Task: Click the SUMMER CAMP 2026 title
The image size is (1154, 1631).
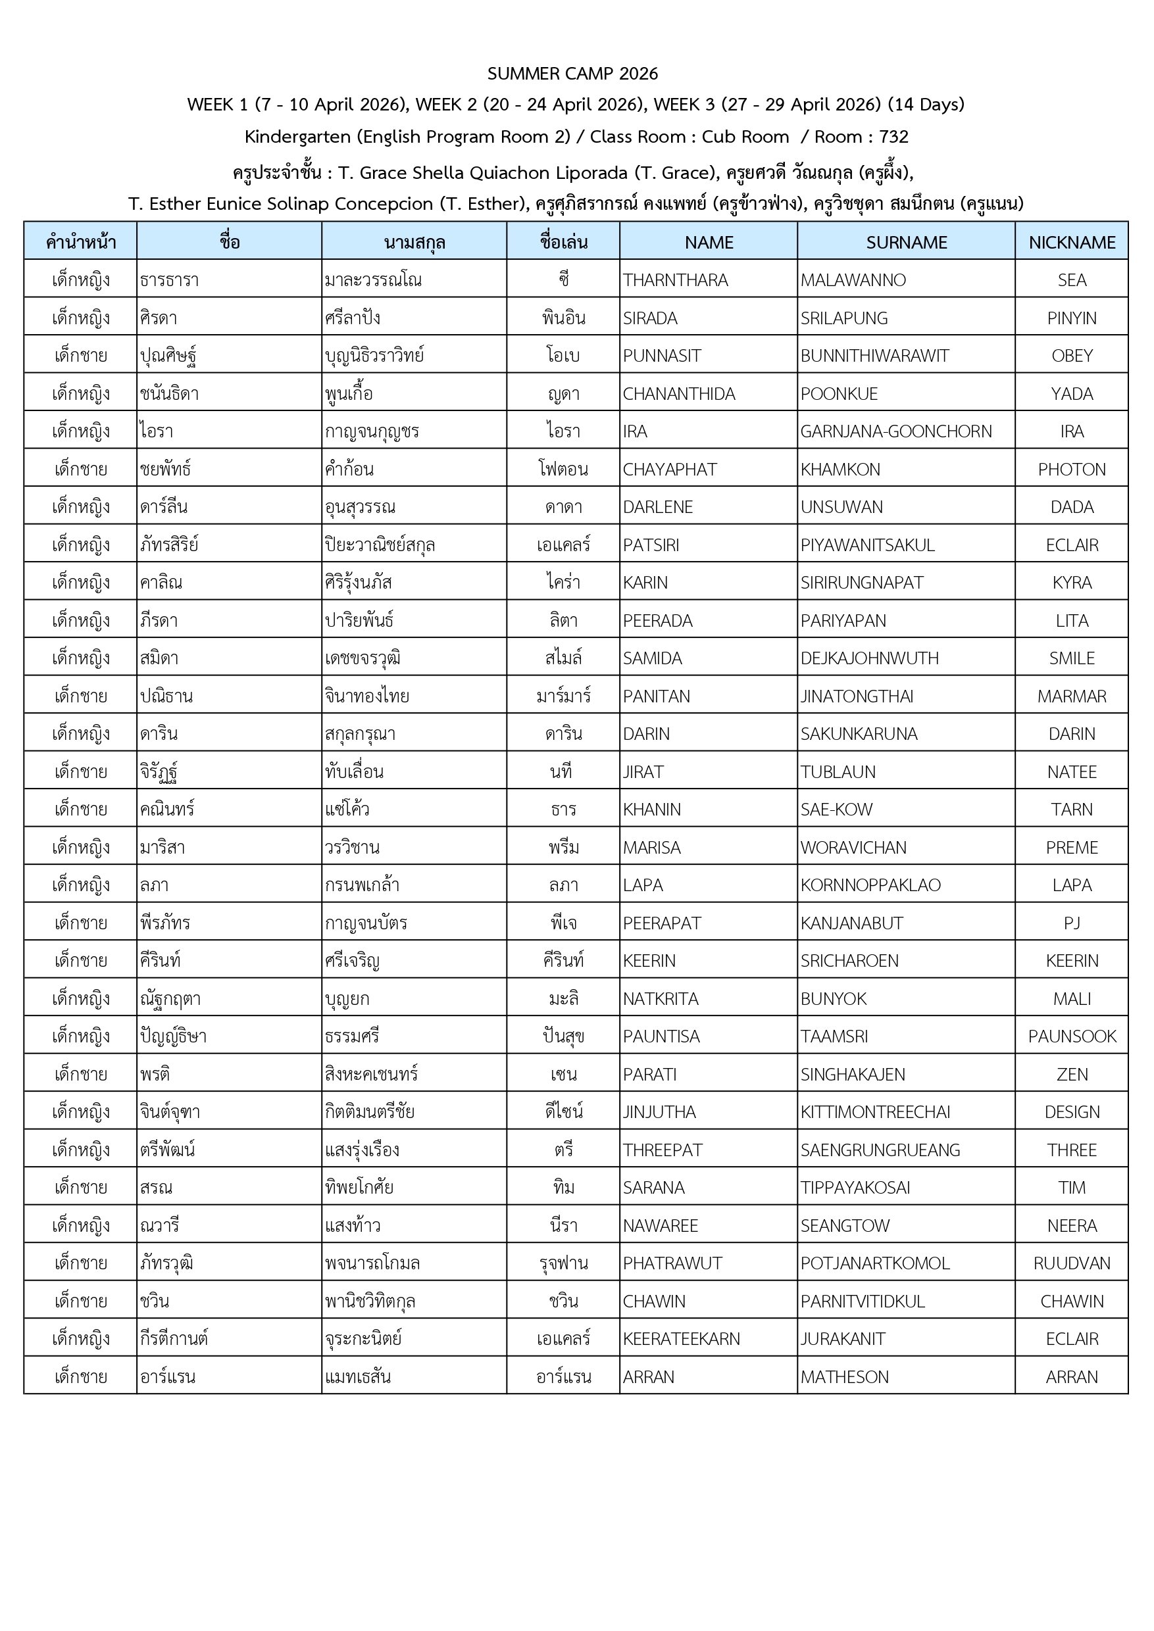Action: click(x=573, y=74)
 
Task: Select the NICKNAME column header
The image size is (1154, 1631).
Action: click(x=1072, y=243)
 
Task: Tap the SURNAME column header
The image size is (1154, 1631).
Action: click(x=906, y=243)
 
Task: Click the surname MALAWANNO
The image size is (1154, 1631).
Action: click(x=853, y=281)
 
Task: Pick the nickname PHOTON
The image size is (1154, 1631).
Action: click(x=1072, y=470)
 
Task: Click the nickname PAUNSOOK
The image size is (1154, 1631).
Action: click(x=1072, y=1036)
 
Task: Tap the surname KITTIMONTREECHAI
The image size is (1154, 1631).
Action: click(x=875, y=1112)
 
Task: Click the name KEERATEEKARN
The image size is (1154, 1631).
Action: click(x=681, y=1339)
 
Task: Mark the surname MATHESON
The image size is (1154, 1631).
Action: click(x=844, y=1376)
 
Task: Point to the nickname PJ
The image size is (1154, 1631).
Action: click(x=1072, y=923)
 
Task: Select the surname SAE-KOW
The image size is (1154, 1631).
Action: click(x=836, y=810)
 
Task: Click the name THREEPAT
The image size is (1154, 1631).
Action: click(x=663, y=1150)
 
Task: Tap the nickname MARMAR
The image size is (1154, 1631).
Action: click(x=1072, y=697)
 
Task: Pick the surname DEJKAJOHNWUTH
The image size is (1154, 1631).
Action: click(x=869, y=658)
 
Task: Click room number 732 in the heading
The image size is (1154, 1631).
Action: click(x=893, y=137)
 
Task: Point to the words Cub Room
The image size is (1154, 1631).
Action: click(x=745, y=137)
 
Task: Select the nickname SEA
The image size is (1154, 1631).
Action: click(x=1072, y=281)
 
